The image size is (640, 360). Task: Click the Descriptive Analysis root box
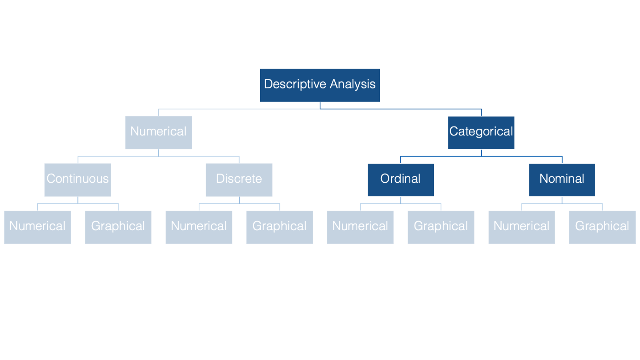coord(320,85)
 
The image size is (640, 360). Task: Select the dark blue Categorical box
coord(481,133)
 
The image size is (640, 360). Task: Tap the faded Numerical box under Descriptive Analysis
coord(158,133)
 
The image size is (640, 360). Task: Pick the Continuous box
coord(78,180)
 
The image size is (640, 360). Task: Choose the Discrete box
coord(239,180)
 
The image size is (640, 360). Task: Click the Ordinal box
coord(401,180)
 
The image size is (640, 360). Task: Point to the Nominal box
coord(562,180)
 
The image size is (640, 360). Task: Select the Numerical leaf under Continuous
coord(37,227)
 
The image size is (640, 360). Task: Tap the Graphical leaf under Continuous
coord(118,227)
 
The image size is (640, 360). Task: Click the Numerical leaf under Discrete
coord(199,227)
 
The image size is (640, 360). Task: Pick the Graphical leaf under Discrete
coord(279,227)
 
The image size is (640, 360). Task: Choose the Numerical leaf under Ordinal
coord(360,227)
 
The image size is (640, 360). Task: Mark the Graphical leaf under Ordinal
coord(441,227)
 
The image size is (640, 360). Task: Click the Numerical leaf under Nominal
coord(522,227)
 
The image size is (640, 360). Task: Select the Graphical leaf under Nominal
coord(602,227)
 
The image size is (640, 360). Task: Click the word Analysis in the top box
coord(352,84)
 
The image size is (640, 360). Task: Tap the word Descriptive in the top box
coord(295,84)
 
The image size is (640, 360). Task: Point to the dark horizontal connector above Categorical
coord(401,109)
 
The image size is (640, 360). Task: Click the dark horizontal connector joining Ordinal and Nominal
coord(481,156)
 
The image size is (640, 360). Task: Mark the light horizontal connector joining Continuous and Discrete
coord(159,156)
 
